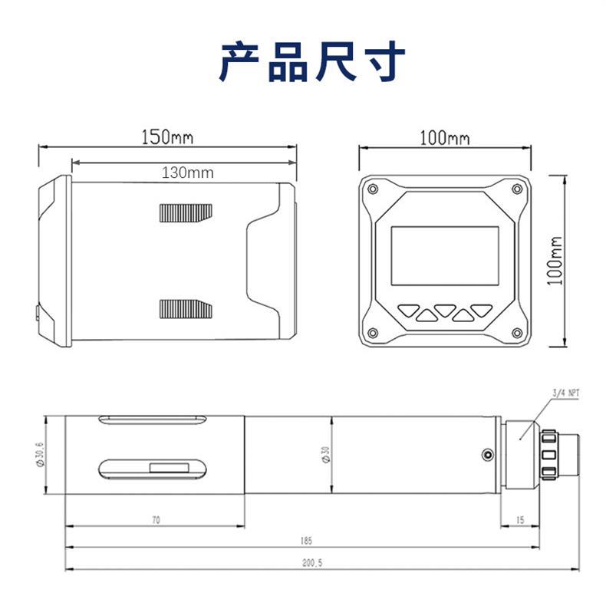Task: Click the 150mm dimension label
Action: pos(166,138)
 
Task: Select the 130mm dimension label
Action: pos(187,173)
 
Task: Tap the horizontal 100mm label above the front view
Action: pos(445,138)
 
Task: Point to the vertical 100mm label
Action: pos(557,261)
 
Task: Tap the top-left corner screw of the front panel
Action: pos(373,189)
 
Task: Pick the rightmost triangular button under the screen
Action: pos(482,312)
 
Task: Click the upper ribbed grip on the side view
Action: pos(185,212)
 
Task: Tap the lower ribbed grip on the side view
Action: pos(185,308)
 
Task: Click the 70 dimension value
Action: pos(155,520)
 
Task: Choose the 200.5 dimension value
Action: pos(312,562)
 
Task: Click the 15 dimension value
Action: pos(519,520)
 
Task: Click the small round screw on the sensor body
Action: pos(486,455)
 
